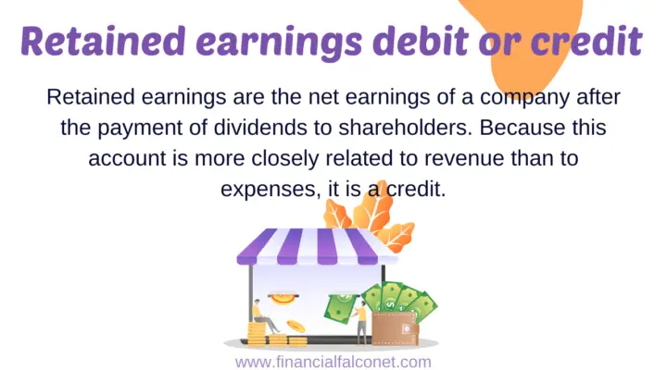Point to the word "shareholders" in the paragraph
(x=419, y=127)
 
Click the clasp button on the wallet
(x=410, y=328)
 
